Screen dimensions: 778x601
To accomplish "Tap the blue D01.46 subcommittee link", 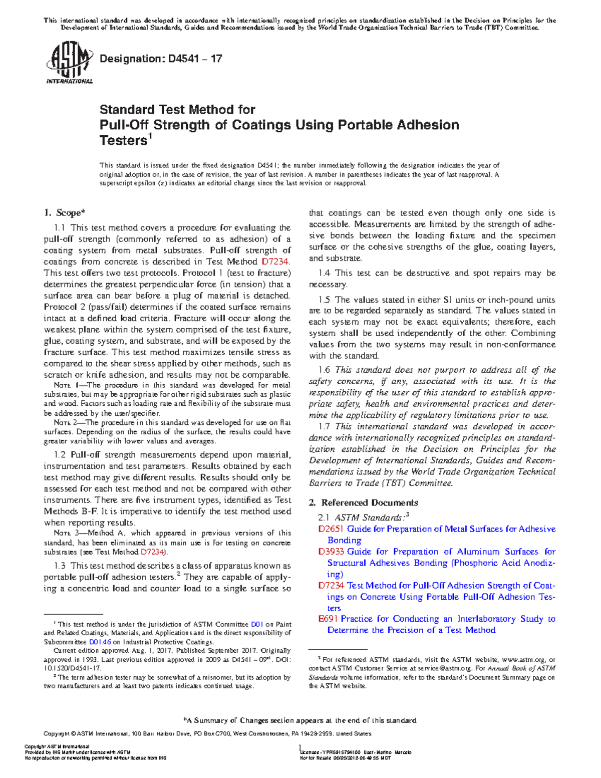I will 100,642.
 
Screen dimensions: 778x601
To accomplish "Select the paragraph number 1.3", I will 60,566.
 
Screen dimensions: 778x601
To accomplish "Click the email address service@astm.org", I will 444,668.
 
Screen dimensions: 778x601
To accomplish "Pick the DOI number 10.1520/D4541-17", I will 73,668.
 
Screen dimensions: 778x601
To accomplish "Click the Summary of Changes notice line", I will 300,720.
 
